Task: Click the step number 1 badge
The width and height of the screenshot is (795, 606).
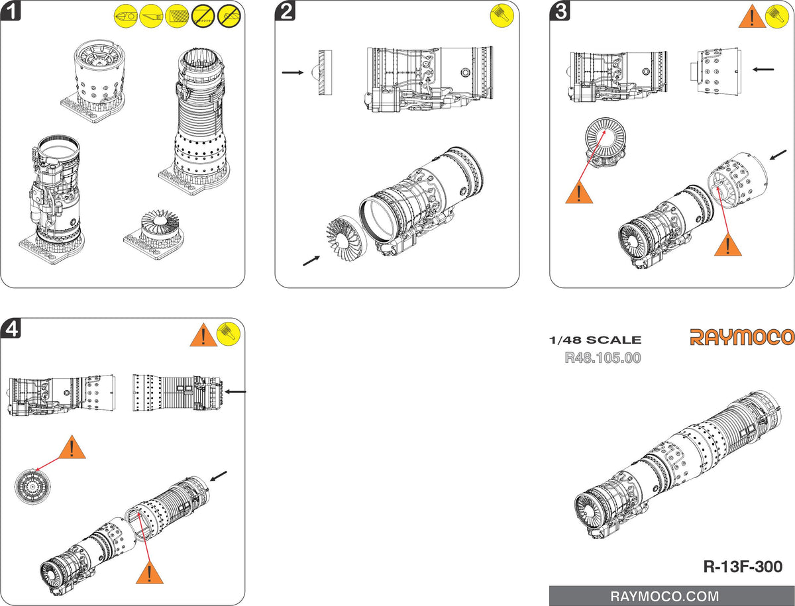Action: pyautogui.click(x=12, y=12)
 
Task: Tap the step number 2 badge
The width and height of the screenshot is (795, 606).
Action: pyautogui.click(x=286, y=12)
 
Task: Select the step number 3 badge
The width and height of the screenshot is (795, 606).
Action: pyautogui.click(x=561, y=12)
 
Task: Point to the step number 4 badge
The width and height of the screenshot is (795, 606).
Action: pyautogui.click(x=12, y=329)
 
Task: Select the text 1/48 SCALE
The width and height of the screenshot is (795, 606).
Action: pyautogui.click(x=595, y=340)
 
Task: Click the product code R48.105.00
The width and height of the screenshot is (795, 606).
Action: pyautogui.click(x=602, y=358)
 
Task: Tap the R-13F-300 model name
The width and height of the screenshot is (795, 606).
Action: pyautogui.click(x=743, y=567)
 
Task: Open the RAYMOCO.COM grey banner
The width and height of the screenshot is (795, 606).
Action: pyautogui.click(x=672, y=595)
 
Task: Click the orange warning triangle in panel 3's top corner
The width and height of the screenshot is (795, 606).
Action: pyautogui.click(x=751, y=16)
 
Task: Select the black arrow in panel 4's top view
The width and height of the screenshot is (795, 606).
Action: pyautogui.click(x=236, y=391)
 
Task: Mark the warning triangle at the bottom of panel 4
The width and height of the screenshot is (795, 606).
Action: pyautogui.click(x=149, y=572)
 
